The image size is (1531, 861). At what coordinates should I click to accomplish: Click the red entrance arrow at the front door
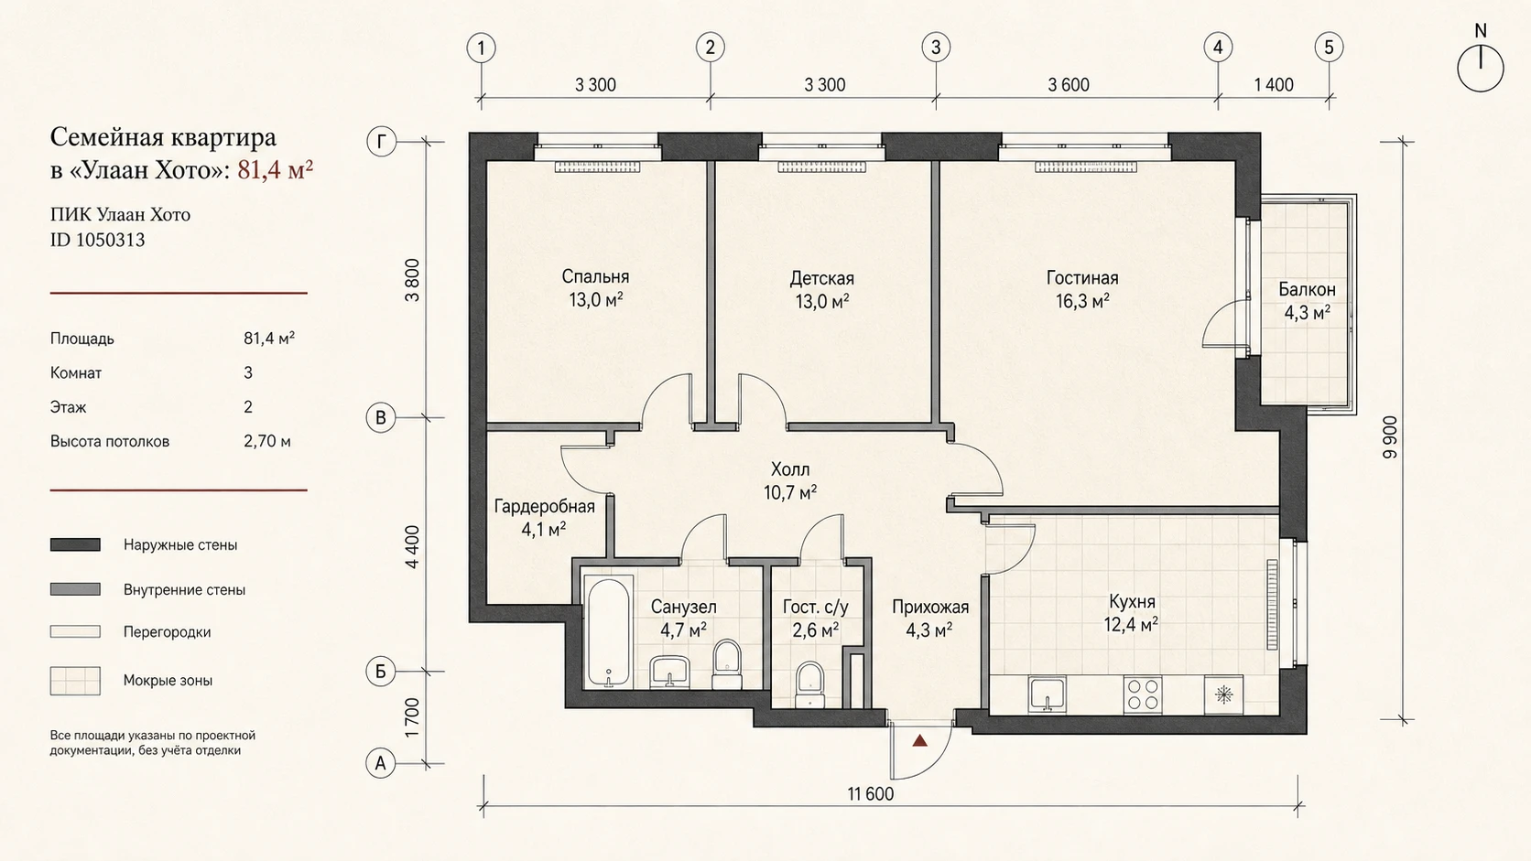920,740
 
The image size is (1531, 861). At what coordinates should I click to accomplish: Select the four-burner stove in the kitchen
1142,695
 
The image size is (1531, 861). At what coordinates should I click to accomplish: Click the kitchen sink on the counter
1048,694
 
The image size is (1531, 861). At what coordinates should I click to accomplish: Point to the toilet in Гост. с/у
810,684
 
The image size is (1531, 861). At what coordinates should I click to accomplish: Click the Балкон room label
1307,289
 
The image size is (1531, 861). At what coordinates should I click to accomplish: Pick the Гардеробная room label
544,507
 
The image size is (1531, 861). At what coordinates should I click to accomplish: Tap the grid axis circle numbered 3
936,48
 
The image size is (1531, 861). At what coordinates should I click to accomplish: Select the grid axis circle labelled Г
381,142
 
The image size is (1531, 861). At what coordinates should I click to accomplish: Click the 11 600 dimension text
870,794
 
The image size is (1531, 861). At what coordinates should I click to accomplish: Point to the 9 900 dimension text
1389,437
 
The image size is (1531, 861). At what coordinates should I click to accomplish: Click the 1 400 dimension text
1274,85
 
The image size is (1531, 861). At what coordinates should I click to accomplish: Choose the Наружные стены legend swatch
75,544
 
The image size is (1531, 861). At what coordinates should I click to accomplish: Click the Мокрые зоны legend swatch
75,681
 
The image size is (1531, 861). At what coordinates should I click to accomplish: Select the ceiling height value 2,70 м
267,441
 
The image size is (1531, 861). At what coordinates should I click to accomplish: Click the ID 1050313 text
97,240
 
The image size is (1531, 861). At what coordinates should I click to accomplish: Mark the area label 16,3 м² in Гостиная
1082,301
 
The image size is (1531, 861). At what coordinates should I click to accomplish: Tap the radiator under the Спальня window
597,167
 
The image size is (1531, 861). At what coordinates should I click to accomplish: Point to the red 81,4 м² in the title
276,169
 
